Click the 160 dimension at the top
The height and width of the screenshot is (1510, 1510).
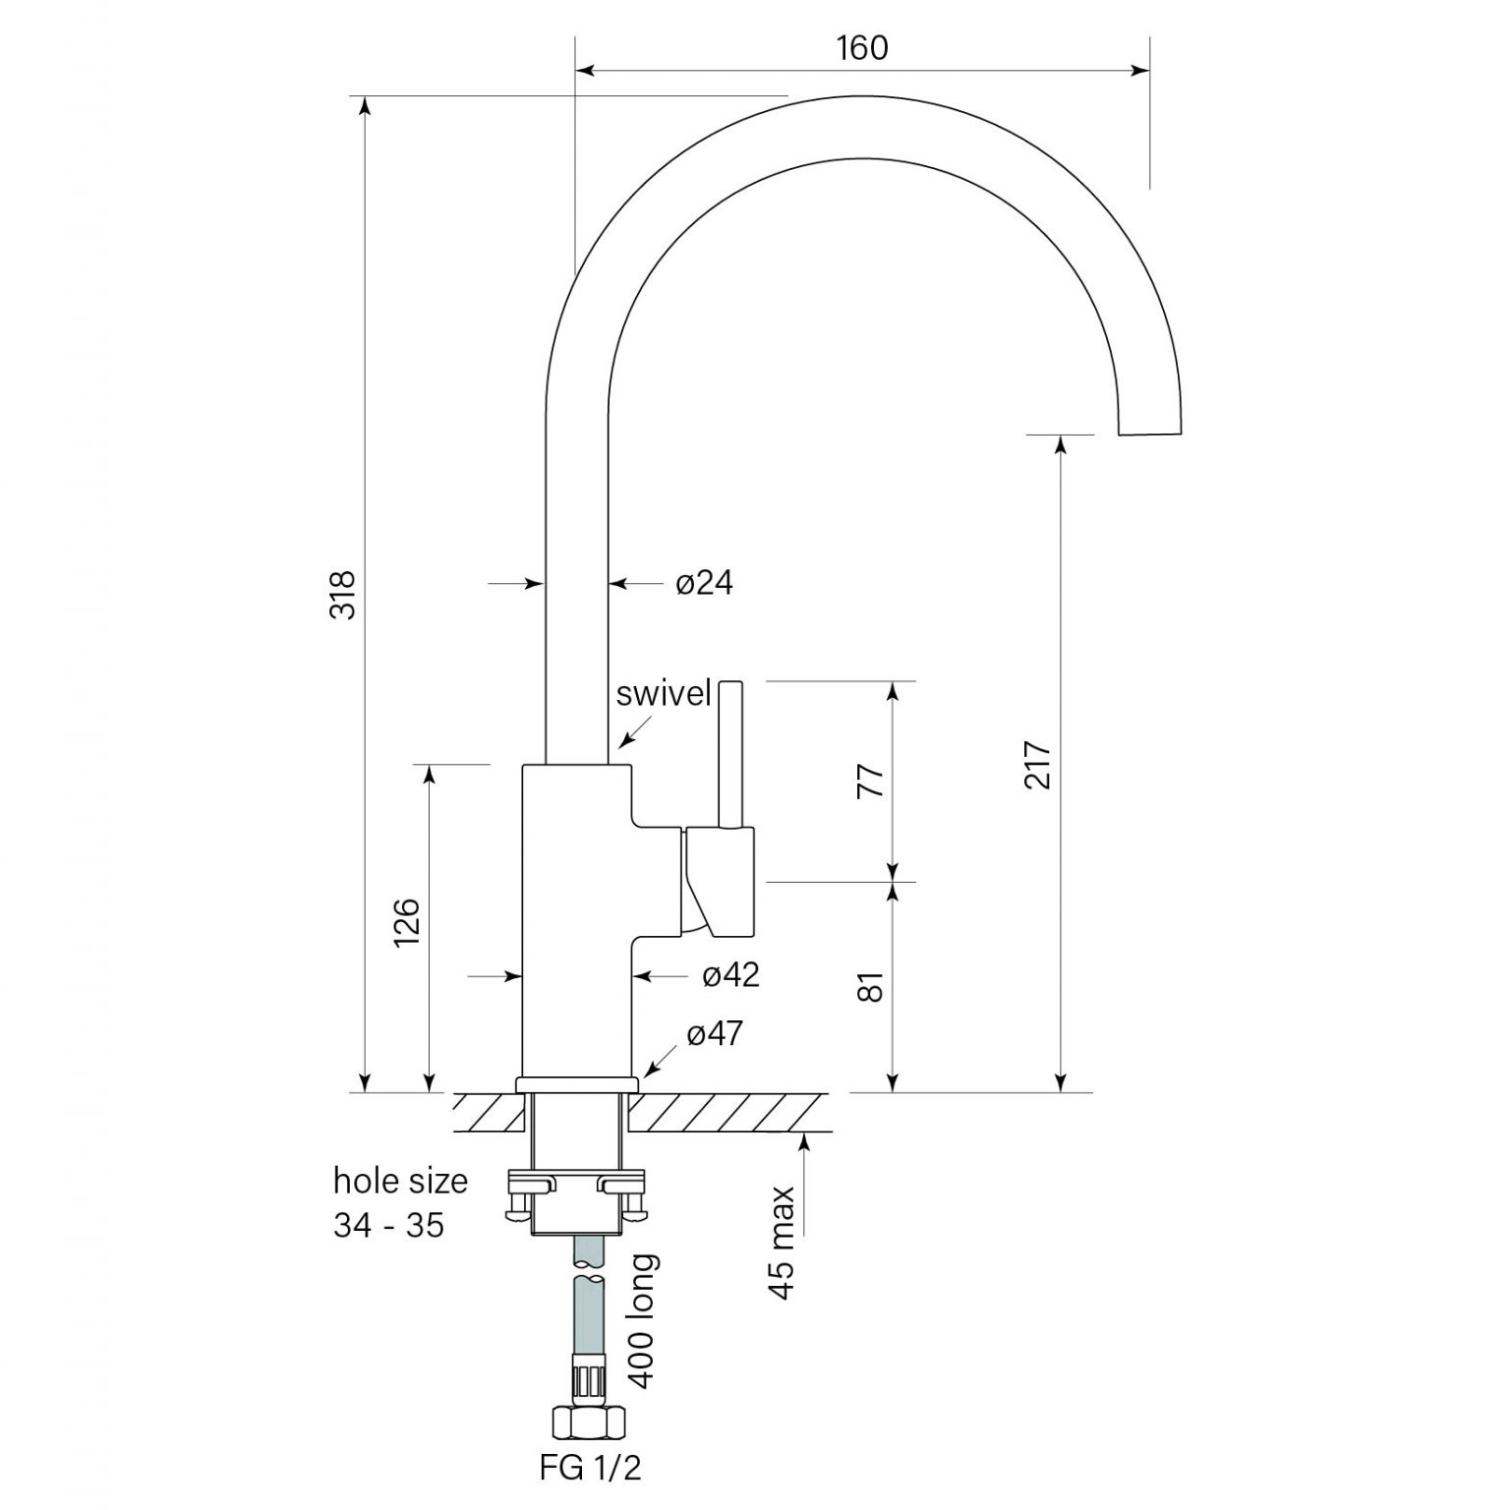click(x=862, y=47)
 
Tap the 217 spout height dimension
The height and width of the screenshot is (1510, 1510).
click(x=1038, y=764)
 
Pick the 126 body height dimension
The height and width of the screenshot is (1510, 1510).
click(x=407, y=922)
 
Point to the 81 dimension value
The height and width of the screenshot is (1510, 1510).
click(x=871, y=986)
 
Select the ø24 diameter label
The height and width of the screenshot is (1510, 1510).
click(x=704, y=583)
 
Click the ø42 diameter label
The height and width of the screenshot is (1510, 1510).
click(x=730, y=974)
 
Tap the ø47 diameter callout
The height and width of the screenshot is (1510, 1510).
click(x=715, y=1033)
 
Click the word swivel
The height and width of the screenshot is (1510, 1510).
click(x=663, y=693)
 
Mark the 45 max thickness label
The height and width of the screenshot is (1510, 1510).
click(x=782, y=1243)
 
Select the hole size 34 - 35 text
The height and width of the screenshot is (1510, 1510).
click(x=399, y=1202)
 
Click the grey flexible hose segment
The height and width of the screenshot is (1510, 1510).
click(x=590, y=1317)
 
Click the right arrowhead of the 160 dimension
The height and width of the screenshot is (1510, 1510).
click(x=1140, y=70)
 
